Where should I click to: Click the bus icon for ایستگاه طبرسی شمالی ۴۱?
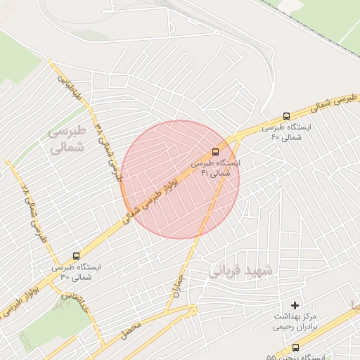point(215,151)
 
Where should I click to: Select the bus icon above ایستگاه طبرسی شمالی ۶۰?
point(286,116)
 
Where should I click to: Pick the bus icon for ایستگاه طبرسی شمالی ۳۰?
point(76,256)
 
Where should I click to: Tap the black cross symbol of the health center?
point(295,305)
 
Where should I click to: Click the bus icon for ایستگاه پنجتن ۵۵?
point(295,347)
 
